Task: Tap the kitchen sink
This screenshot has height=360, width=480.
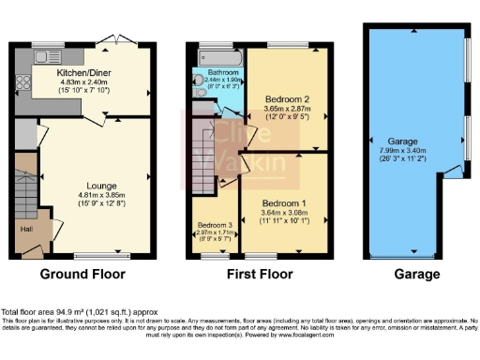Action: click(43, 55)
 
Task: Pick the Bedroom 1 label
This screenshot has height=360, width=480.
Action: click(283, 202)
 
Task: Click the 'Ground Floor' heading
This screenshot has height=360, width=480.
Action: click(84, 275)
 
